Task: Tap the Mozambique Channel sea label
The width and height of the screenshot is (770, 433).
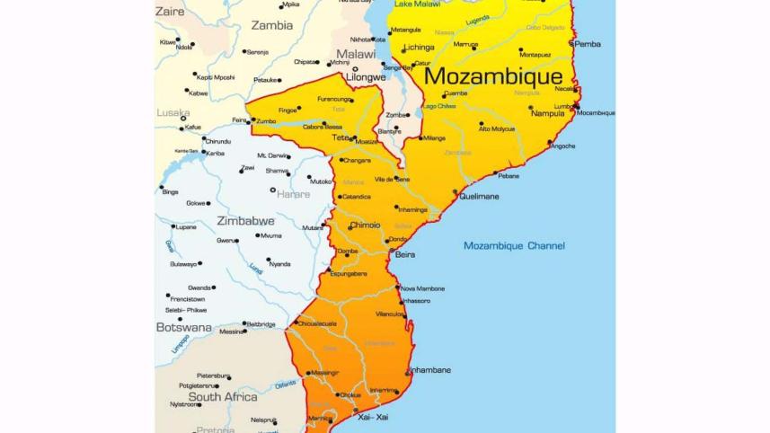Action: [x=514, y=245]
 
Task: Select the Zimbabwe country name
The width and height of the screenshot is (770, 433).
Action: [x=245, y=220]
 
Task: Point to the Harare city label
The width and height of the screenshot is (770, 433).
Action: [x=293, y=194]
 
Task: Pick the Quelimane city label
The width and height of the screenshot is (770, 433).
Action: [x=479, y=196]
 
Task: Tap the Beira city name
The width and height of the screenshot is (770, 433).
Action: [x=405, y=255]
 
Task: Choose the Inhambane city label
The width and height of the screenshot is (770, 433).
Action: [x=430, y=370]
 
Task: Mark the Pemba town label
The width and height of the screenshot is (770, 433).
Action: [x=589, y=43]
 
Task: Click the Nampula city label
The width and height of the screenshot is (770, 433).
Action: [x=548, y=113]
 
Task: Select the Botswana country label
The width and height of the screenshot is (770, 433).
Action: [x=183, y=327]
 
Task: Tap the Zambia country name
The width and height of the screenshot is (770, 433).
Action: [x=271, y=25]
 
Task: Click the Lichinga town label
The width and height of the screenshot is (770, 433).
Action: [x=419, y=47]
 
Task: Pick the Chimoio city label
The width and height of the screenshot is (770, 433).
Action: [x=365, y=225]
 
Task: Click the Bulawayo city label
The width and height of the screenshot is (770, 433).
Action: [x=183, y=264]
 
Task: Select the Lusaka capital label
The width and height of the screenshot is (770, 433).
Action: [x=173, y=113]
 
